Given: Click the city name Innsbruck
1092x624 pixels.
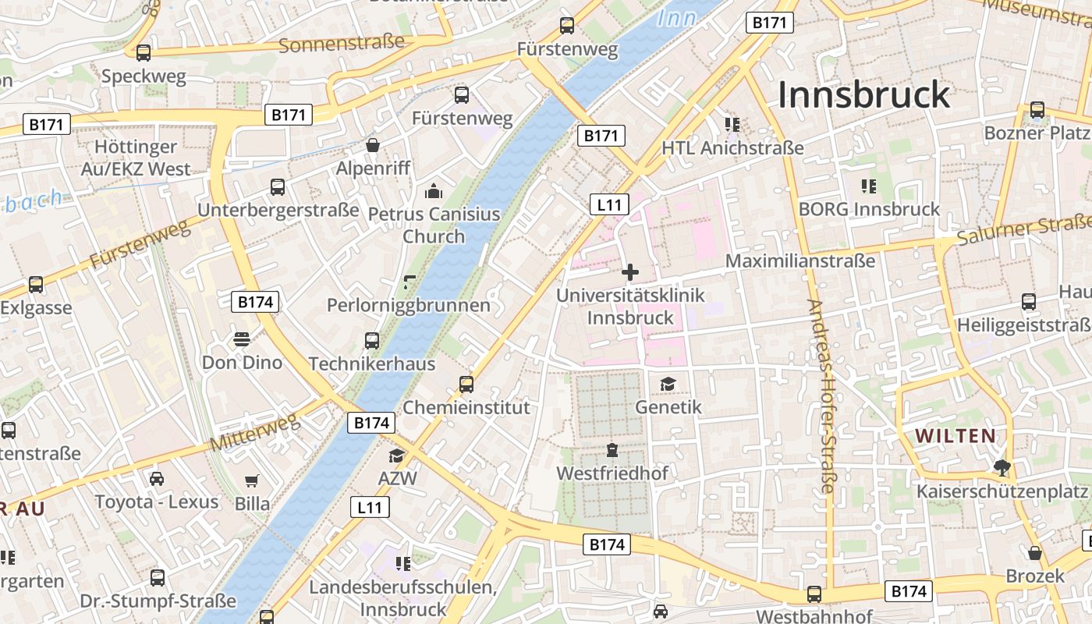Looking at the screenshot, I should (864, 95).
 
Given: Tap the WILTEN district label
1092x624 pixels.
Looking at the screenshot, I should (955, 436).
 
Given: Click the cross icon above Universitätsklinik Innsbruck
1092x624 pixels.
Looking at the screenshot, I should (630, 272).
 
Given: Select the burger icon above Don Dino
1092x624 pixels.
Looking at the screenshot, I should (242, 339).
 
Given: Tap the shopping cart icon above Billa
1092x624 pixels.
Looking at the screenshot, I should (252, 480).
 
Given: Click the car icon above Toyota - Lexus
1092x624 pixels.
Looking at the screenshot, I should (157, 478).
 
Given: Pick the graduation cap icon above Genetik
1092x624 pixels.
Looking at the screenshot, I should (668, 384).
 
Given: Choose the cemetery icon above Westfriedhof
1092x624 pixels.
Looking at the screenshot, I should (612, 450).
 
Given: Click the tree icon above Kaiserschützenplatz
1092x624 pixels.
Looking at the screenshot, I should (1002, 468).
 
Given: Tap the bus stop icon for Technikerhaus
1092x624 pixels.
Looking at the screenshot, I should (372, 340).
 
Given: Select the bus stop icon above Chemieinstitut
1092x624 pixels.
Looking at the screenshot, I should (466, 384).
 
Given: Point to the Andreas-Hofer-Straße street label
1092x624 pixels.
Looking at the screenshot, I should (821, 396).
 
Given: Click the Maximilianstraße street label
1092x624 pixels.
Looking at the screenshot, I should (800, 261).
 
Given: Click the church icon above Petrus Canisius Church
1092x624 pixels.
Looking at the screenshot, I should (433, 190).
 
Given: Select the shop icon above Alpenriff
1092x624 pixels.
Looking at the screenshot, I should (373, 145).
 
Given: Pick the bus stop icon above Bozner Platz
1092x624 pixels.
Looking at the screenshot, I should (1037, 110).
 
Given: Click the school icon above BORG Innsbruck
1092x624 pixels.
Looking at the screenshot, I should (869, 186).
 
